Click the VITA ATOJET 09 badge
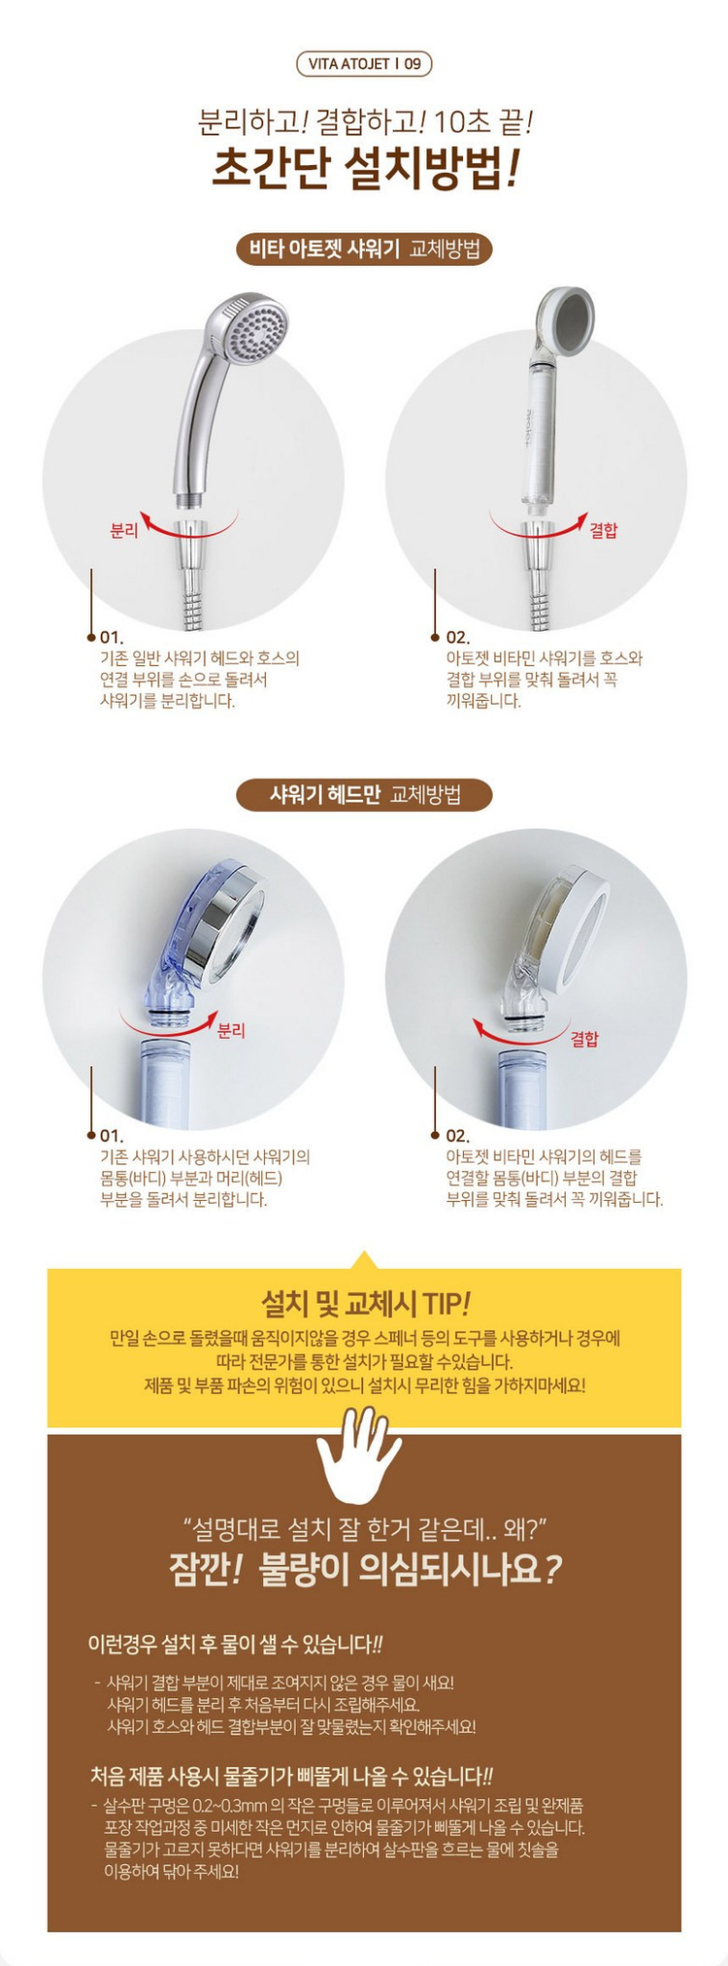click(x=364, y=64)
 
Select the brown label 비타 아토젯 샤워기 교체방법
click(x=364, y=250)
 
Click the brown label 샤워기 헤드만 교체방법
click(x=364, y=795)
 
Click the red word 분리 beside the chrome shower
click(x=125, y=530)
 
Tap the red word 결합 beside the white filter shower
click(x=603, y=530)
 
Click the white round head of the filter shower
click(x=564, y=323)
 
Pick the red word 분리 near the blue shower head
click(x=231, y=1030)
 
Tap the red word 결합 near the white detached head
click(x=584, y=1039)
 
